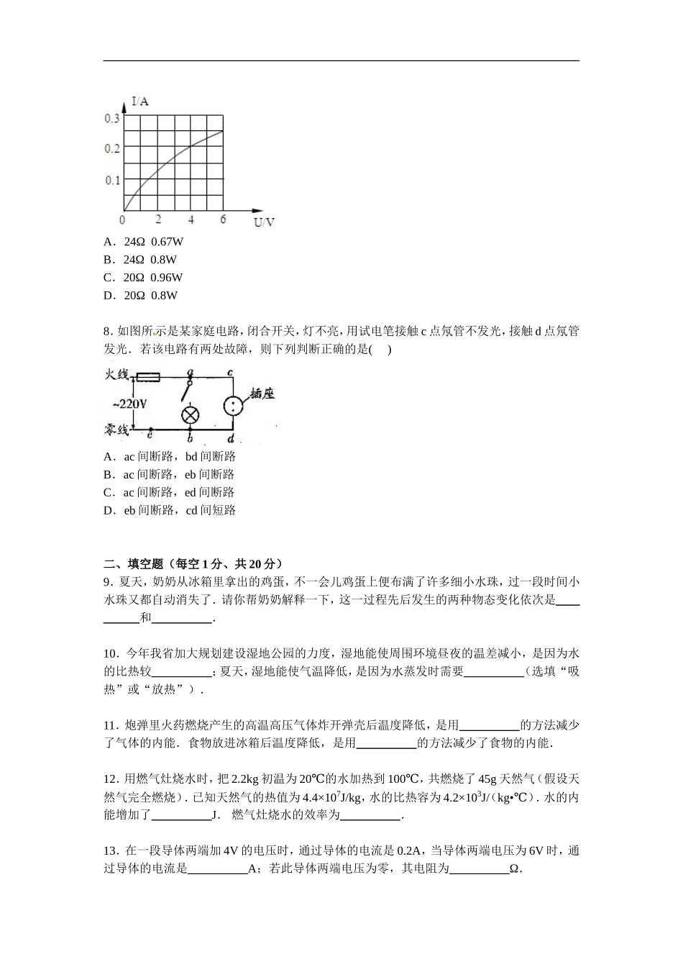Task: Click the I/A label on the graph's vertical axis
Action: click(140, 101)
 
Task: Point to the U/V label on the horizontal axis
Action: click(264, 222)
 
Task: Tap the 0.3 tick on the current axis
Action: click(112, 118)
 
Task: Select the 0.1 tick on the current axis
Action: click(112, 180)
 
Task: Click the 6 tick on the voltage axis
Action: click(223, 219)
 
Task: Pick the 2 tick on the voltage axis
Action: click(158, 219)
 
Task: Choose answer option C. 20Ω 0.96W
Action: click(143, 277)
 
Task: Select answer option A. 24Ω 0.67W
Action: click(143, 242)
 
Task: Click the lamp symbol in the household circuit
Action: click(190, 414)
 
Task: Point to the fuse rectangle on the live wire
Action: click(148, 376)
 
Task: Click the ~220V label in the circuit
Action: click(130, 404)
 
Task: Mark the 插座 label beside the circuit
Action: click(262, 394)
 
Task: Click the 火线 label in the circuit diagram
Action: click(116, 375)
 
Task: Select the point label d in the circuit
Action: click(230, 439)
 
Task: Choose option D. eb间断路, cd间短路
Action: click(170, 510)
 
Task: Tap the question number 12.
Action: click(110, 778)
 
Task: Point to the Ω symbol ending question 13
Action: click(514, 869)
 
